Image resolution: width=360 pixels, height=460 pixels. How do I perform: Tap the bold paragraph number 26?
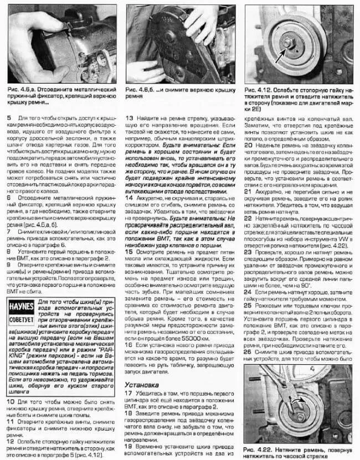point(247,350)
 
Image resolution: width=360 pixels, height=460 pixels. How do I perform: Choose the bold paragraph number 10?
point(11,400)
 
